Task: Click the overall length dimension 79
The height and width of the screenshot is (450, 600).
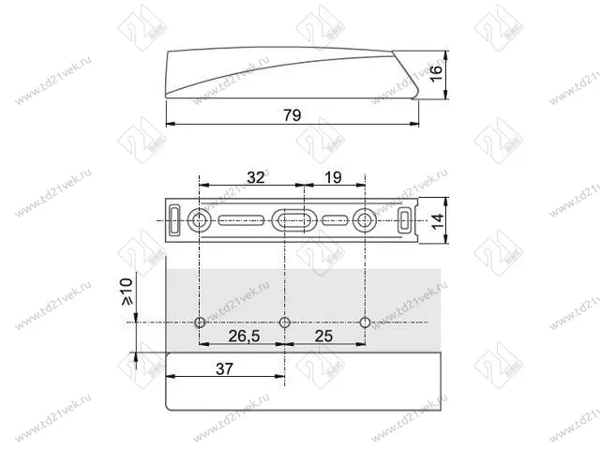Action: pyautogui.click(x=292, y=115)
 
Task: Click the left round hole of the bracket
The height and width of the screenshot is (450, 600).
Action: pyautogui.click(x=200, y=221)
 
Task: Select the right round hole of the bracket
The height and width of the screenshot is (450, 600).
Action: pyautogui.click(x=365, y=221)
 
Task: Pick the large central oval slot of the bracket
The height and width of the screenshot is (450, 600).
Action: pyautogui.click(x=290, y=221)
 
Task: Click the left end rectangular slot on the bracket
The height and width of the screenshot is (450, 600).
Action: pyautogui.click(x=175, y=221)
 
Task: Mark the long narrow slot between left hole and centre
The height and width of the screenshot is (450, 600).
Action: pyautogui.click(x=242, y=221)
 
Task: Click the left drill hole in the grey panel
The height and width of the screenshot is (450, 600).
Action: pyautogui.click(x=199, y=322)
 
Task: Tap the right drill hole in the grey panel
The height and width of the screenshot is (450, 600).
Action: pyautogui.click(x=365, y=322)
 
